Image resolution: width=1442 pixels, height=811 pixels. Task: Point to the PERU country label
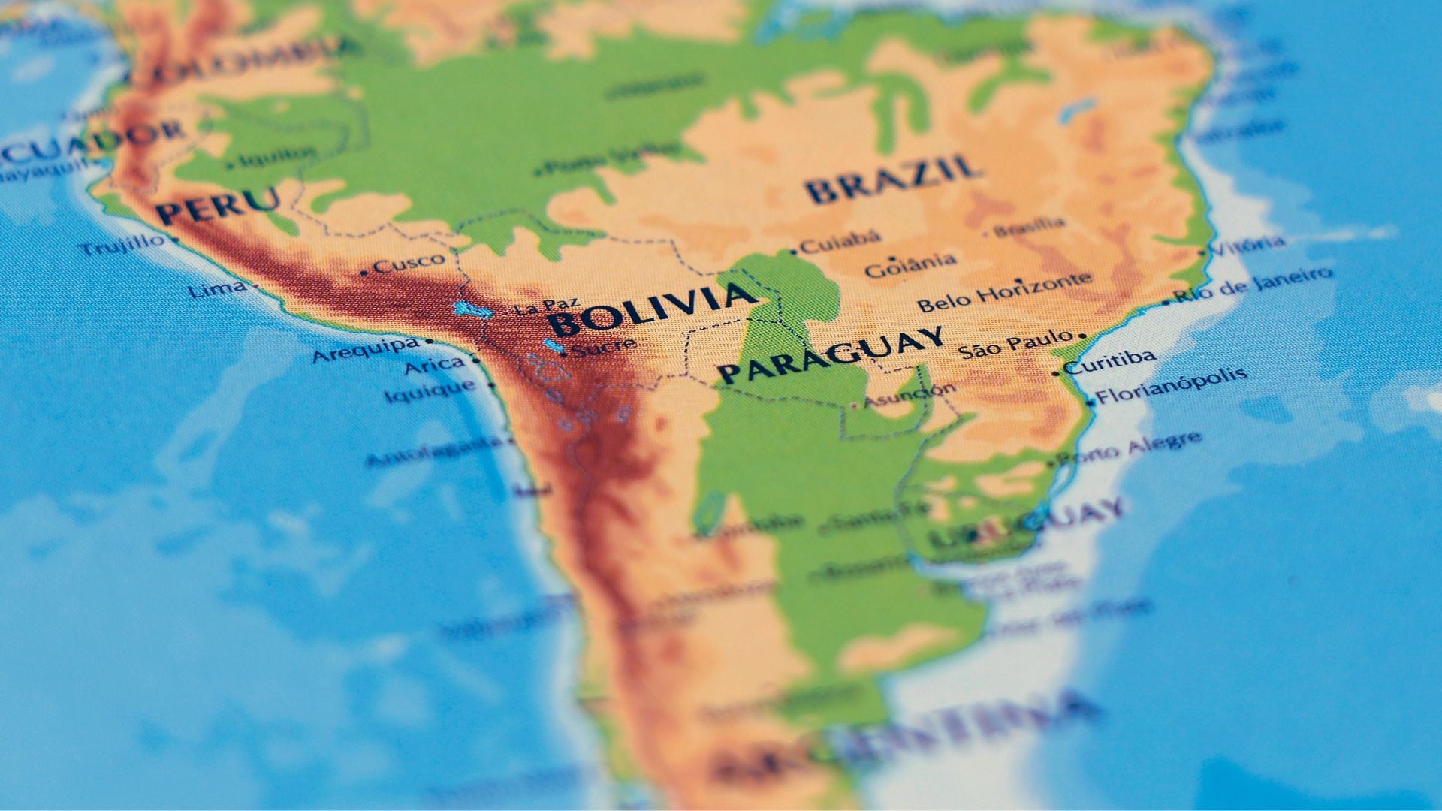coord(218,204)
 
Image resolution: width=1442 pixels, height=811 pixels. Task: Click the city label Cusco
coord(409,264)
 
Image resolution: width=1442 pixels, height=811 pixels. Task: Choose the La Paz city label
coord(547,306)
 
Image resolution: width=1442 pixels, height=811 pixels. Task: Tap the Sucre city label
coord(604,347)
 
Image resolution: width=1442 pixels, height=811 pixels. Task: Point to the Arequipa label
coord(366,350)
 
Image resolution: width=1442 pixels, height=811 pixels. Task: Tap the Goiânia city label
coord(910,264)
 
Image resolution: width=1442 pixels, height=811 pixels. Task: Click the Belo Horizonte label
coord(1004,292)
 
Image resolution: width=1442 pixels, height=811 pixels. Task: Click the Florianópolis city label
coord(1171,385)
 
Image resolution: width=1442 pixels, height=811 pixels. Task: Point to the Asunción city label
coord(910,395)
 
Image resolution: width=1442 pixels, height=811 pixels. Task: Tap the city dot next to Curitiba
coord(1056,372)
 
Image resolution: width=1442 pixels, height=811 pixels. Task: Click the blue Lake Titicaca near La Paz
coord(472,309)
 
